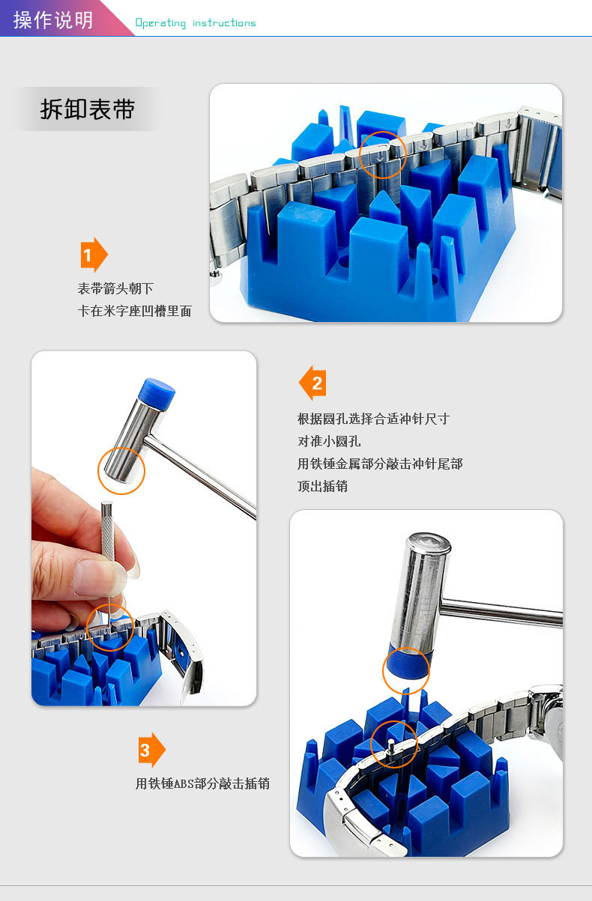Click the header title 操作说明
pyautogui.click(x=53, y=19)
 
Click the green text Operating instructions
pyautogui.click(x=196, y=23)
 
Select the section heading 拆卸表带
pyautogui.click(x=88, y=109)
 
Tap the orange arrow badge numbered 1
pyautogui.click(x=94, y=255)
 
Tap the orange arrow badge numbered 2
pyautogui.click(x=312, y=383)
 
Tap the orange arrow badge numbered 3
pyautogui.click(x=151, y=750)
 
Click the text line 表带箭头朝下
pyautogui.click(x=115, y=288)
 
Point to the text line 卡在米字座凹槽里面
pyautogui.click(x=134, y=311)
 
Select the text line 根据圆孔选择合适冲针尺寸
pyautogui.click(x=373, y=419)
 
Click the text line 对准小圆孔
pyautogui.click(x=329, y=441)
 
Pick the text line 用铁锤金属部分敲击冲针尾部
pyautogui.click(x=380, y=464)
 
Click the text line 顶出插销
pyautogui.click(x=322, y=486)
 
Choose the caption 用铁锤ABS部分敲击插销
pyautogui.click(x=202, y=783)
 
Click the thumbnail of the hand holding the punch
pyautogui.click(x=144, y=528)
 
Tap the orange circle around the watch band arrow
pyautogui.click(x=383, y=132)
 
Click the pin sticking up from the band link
pyautogui.click(x=390, y=744)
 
